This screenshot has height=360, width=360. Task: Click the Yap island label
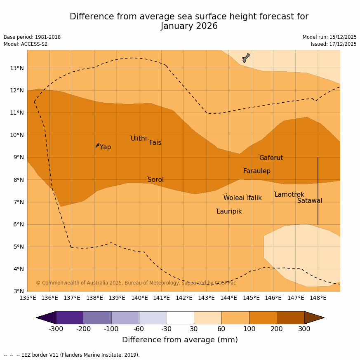point(105,147)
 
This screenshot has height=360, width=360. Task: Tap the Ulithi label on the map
point(139,139)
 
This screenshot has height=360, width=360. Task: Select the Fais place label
point(155,143)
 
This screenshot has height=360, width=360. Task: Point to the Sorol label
point(155,180)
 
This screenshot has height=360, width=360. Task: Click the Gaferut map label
point(271,158)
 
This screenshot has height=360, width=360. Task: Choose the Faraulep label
point(256,171)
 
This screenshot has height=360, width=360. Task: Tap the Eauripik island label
point(229,212)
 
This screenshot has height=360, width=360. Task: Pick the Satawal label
point(310,201)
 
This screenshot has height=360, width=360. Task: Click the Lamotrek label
point(289,195)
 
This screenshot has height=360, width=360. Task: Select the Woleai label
point(234,198)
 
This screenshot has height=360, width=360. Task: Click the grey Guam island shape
point(246,57)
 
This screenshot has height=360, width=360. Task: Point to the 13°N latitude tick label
point(16,68)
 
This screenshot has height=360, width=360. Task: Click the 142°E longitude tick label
point(184,298)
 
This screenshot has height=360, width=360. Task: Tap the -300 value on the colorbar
point(56,329)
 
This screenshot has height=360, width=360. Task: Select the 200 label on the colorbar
point(277,329)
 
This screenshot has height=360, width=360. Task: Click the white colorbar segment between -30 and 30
point(180,318)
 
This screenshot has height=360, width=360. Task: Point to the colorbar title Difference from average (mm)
point(180,340)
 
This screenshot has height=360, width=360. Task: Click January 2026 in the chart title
point(189,26)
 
